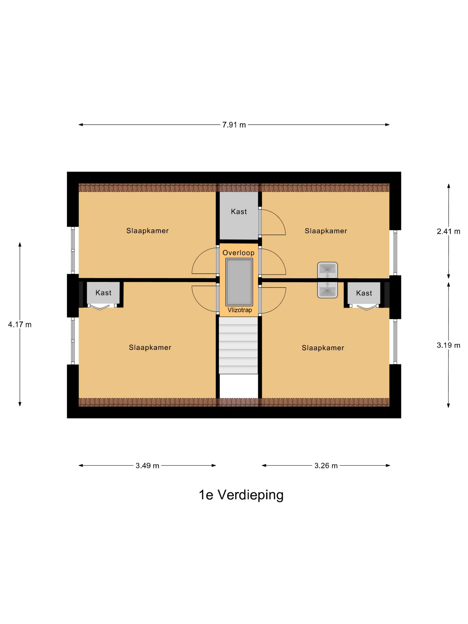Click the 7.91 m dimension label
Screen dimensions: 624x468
tap(234, 125)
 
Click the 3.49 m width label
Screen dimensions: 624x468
tap(147, 466)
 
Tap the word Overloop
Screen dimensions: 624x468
tap(238, 253)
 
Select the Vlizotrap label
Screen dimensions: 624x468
tap(240, 310)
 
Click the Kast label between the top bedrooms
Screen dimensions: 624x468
tap(239, 211)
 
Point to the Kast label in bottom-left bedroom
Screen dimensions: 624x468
tap(103, 293)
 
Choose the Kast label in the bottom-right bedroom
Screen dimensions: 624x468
tap(364, 293)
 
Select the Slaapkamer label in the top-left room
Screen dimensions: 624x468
tap(147, 231)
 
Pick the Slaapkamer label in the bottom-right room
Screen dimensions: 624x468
tap(323, 348)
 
